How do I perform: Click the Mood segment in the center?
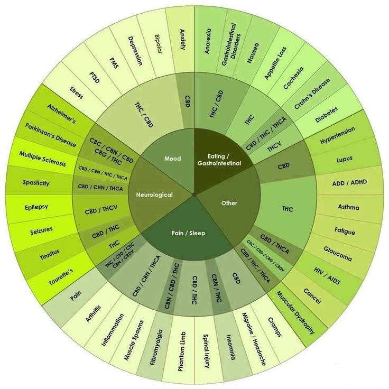click(172, 159)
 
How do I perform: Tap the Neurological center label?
click(154, 195)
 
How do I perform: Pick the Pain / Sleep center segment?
click(189, 232)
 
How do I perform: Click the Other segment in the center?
click(229, 203)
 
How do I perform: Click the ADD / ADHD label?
click(349, 183)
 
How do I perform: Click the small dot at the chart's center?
click(195, 195)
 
